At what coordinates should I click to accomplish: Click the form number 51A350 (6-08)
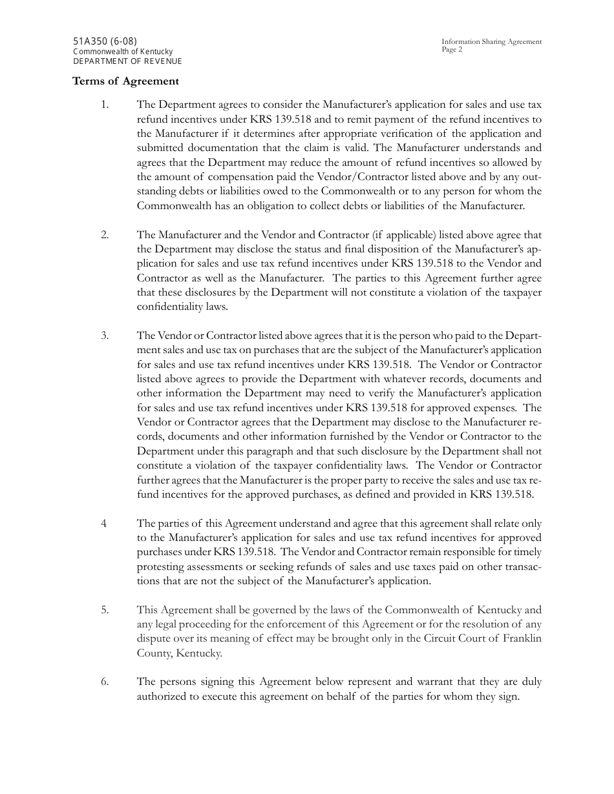point(105,41)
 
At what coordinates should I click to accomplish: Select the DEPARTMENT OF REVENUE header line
point(127,61)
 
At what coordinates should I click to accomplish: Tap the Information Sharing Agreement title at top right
point(492,42)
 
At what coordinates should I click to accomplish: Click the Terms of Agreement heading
point(125,81)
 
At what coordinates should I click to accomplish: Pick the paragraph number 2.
point(105,235)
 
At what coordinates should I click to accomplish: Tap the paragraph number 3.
point(105,336)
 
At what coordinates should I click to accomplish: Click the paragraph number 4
point(103,524)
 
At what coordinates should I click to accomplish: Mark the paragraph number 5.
point(105,610)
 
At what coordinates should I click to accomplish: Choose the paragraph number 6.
point(105,682)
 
